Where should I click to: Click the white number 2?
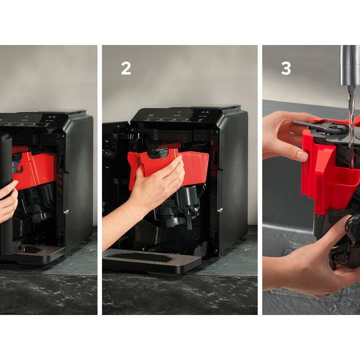click(x=126, y=68)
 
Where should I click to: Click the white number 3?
click(x=286, y=68)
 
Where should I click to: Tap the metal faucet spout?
click(x=350, y=65)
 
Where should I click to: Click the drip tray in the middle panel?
click(x=152, y=260)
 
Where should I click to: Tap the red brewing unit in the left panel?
click(x=34, y=167)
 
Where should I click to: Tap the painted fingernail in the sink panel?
click(x=302, y=156)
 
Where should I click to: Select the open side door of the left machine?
click(x=6, y=195)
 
